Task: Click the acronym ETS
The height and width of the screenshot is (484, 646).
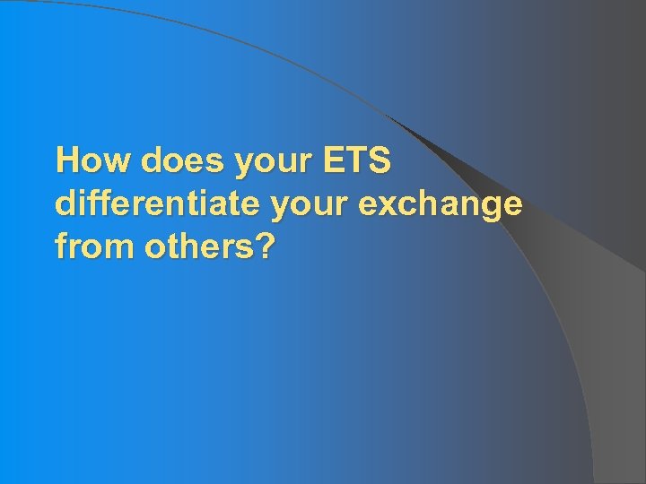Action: pos(357,161)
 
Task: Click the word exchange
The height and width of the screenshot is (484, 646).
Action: pos(439,204)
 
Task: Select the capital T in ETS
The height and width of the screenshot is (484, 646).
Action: pos(356,161)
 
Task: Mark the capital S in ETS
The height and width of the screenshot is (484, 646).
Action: pos(380,161)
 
